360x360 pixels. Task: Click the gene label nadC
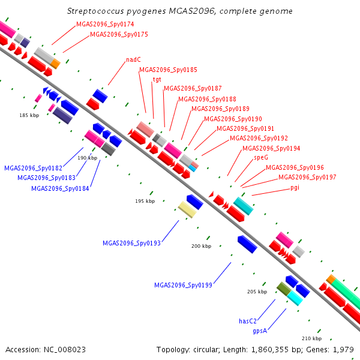[x=133, y=59]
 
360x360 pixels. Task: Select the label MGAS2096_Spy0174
[x=105, y=24]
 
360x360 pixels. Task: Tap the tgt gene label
[x=157, y=79]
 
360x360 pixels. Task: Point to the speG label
[x=261, y=157]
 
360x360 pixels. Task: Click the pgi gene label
[x=295, y=188]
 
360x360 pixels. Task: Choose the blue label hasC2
[x=247, y=321]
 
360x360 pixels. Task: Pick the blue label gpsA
[x=260, y=331]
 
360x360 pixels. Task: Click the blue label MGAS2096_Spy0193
[x=131, y=243]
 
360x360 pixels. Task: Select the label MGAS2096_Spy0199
[x=183, y=285]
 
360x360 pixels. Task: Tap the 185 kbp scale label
[x=29, y=115]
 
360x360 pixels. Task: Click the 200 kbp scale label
[x=202, y=246]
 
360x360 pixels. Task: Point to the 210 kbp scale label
[x=311, y=338]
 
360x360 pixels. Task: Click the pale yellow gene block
[x=187, y=209]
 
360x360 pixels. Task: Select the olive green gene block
[x=284, y=289]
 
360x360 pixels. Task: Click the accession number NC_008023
[x=65, y=350]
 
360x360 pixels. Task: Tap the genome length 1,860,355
[x=269, y=350]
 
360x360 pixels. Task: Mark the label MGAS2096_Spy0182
[x=33, y=168]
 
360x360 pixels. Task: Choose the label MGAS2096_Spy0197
[x=307, y=177]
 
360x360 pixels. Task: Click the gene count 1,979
[x=343, y=350]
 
